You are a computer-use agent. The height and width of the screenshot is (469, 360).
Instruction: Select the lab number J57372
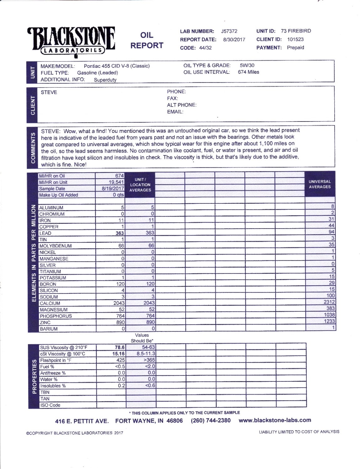pyautogui.click(x=229, y=31)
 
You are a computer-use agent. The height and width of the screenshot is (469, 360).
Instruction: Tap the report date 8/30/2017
pyautogui.click(x=234, y=40)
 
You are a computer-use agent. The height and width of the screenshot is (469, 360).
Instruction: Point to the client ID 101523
pyautogui.click(x=295, y=39)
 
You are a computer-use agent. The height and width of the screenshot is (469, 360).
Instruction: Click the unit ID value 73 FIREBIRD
pyautogui.click(x=296, y=31)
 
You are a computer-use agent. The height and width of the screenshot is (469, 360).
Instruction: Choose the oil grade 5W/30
pyautogui.click(x=247, y=65)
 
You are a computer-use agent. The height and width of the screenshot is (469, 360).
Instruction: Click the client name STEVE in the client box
pyautogui.click(x=49, y=92)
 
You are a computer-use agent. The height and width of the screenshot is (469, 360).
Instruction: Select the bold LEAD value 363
pyautogui.click(x=119, y=233)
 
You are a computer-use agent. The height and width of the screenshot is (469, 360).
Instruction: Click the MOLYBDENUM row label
pyautogui.click(x=56, y=246)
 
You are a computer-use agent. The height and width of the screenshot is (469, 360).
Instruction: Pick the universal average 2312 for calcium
pyautogui.click(x=329, y=302)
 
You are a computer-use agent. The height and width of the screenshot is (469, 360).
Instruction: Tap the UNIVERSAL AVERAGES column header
pyautogui.click(x=320, y=184)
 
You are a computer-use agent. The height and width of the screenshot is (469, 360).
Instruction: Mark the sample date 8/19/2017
pyautogui.click(x=113, y=189)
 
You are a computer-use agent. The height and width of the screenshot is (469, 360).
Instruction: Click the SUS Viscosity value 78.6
pyautogui.click(x=120, y=348)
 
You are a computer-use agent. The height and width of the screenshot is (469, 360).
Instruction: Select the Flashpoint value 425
pyautogui.click(x=120, y=360)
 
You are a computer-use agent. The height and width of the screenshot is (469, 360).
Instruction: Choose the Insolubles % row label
pyautogui.click(x=53, y=386)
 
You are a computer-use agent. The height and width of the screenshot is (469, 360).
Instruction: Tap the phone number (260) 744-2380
pyautogui.click(x=210, y=421)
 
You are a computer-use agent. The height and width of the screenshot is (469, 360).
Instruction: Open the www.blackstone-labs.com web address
pyautogui.click(x=275, y=420)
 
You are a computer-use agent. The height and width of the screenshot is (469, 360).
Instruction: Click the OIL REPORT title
pyautogui.click(x=147, y=40)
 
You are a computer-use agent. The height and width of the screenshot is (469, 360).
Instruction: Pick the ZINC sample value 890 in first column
pyautogui.click(x=120, y=322)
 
